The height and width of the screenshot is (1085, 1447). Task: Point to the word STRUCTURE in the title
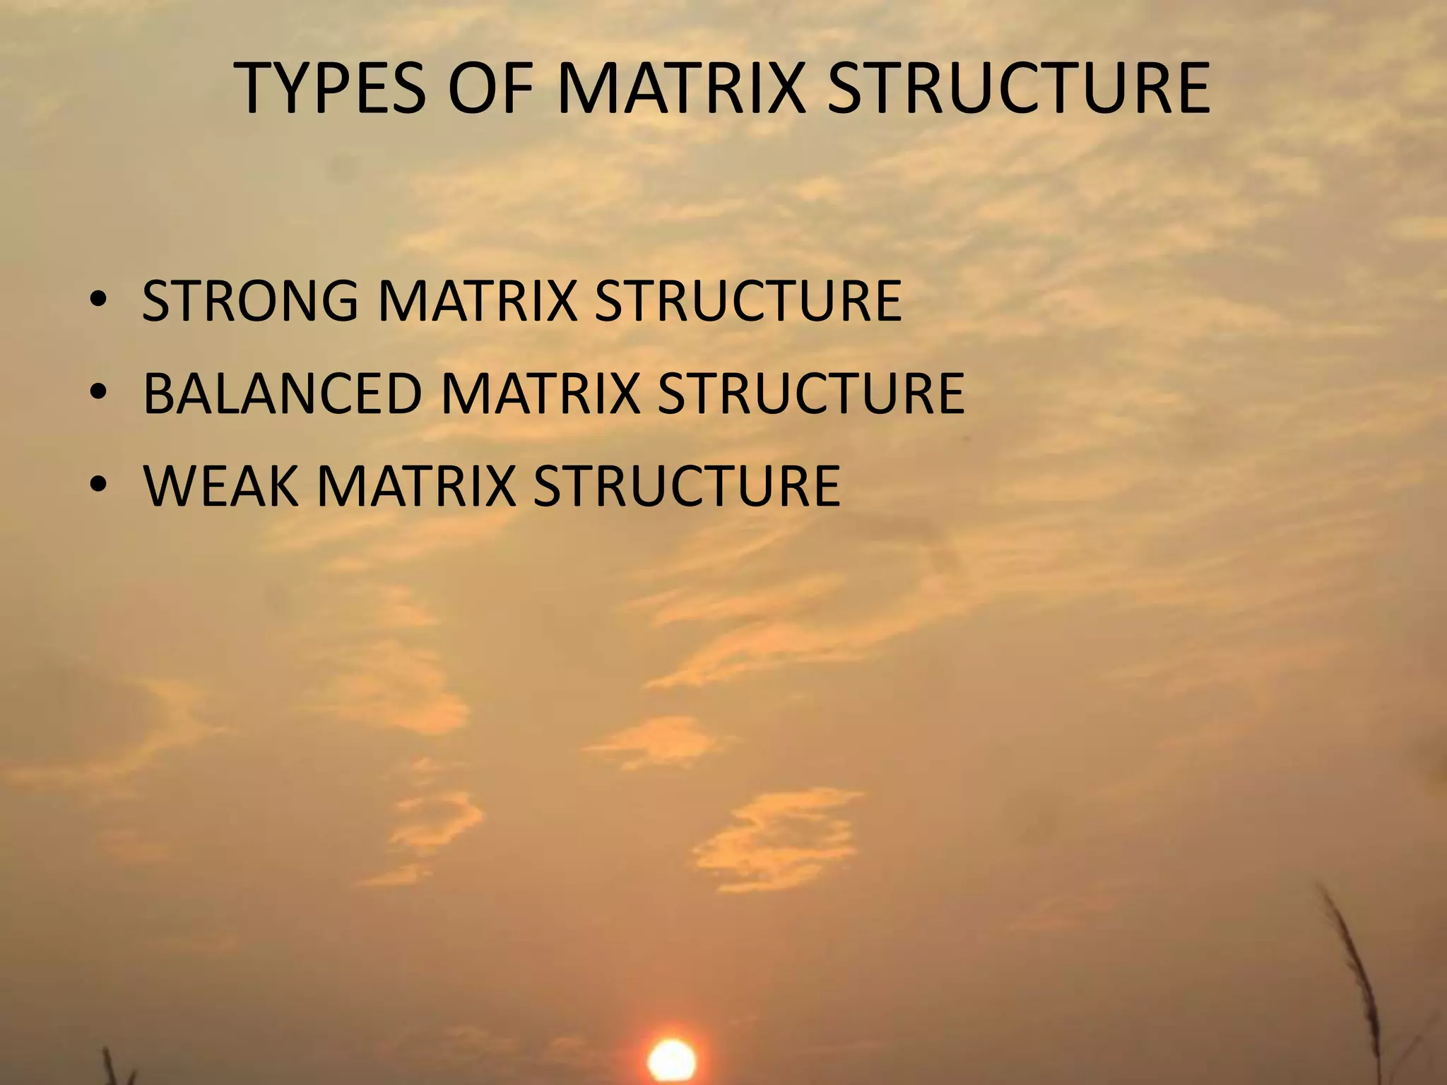click(1018, 89)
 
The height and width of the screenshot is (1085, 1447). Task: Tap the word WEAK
click(221, 486)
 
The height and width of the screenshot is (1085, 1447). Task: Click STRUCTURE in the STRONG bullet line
click(748, 302)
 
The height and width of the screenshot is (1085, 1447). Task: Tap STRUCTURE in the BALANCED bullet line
click(810, 393)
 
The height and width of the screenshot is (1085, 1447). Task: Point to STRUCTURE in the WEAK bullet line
click(686, 486)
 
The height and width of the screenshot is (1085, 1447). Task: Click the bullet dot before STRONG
click(98, 302)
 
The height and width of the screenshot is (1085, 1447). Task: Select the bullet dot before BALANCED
click(98, 394)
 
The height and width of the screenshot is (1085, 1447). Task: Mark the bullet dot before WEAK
click(98, 487)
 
